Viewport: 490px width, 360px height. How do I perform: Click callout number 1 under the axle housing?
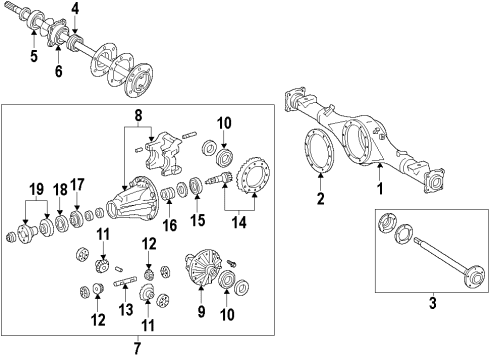coord(379,187)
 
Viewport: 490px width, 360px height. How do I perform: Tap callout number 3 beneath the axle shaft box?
coord(431,303)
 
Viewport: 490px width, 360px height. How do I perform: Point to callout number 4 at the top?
coord(74,12)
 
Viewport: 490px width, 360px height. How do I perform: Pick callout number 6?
coord(59,71)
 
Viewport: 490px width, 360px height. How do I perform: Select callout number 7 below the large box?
coord(137,348)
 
